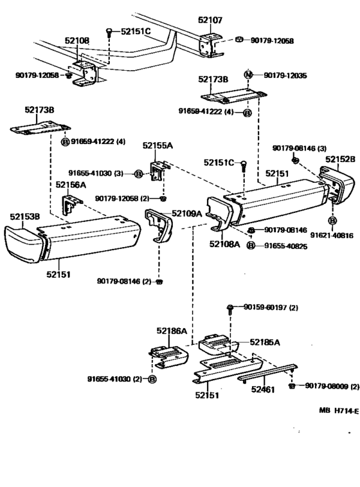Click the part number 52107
tap(210, 20)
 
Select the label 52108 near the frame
tap(77, 41)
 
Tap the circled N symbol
tap(248, 75)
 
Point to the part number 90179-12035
tap(285, 75)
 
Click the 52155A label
tap(157, 145)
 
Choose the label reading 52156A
tap(71, 185)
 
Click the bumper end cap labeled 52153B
tap(24, 244)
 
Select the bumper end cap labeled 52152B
tap(336, 183)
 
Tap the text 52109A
tap(187, 214)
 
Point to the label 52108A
tap(225, 244)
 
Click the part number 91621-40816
tap(332, 235)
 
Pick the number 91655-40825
tap(286, 246)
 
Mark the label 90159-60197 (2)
tap(271, 308)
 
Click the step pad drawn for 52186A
tap(169, 357)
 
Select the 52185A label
tap(265, 342)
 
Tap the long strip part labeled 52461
tap(267, 371)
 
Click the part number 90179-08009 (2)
tap(332, 386)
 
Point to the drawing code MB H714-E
tap(339, 410)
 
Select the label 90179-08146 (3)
tap(300, 148)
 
